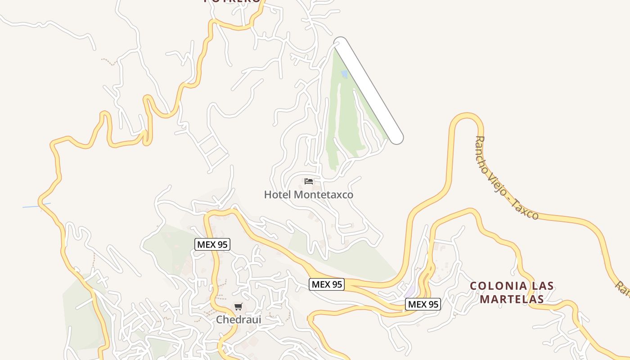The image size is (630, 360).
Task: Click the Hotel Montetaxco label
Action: (308, 195)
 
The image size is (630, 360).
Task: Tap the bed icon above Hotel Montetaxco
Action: (309, 181)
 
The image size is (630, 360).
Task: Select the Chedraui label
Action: (238, 319)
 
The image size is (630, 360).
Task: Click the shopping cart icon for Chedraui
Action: (238, 307)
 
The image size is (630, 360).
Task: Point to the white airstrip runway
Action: (369, 90)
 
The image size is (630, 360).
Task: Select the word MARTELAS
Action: (511, 298)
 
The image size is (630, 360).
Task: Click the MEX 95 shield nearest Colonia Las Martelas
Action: (423, 304)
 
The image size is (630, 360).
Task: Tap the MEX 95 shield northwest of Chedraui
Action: (212, 244)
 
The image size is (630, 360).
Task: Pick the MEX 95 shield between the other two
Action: (327, 284)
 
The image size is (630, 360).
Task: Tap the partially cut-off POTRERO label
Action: (232, 1)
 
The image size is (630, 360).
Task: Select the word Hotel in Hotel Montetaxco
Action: (277, 195)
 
